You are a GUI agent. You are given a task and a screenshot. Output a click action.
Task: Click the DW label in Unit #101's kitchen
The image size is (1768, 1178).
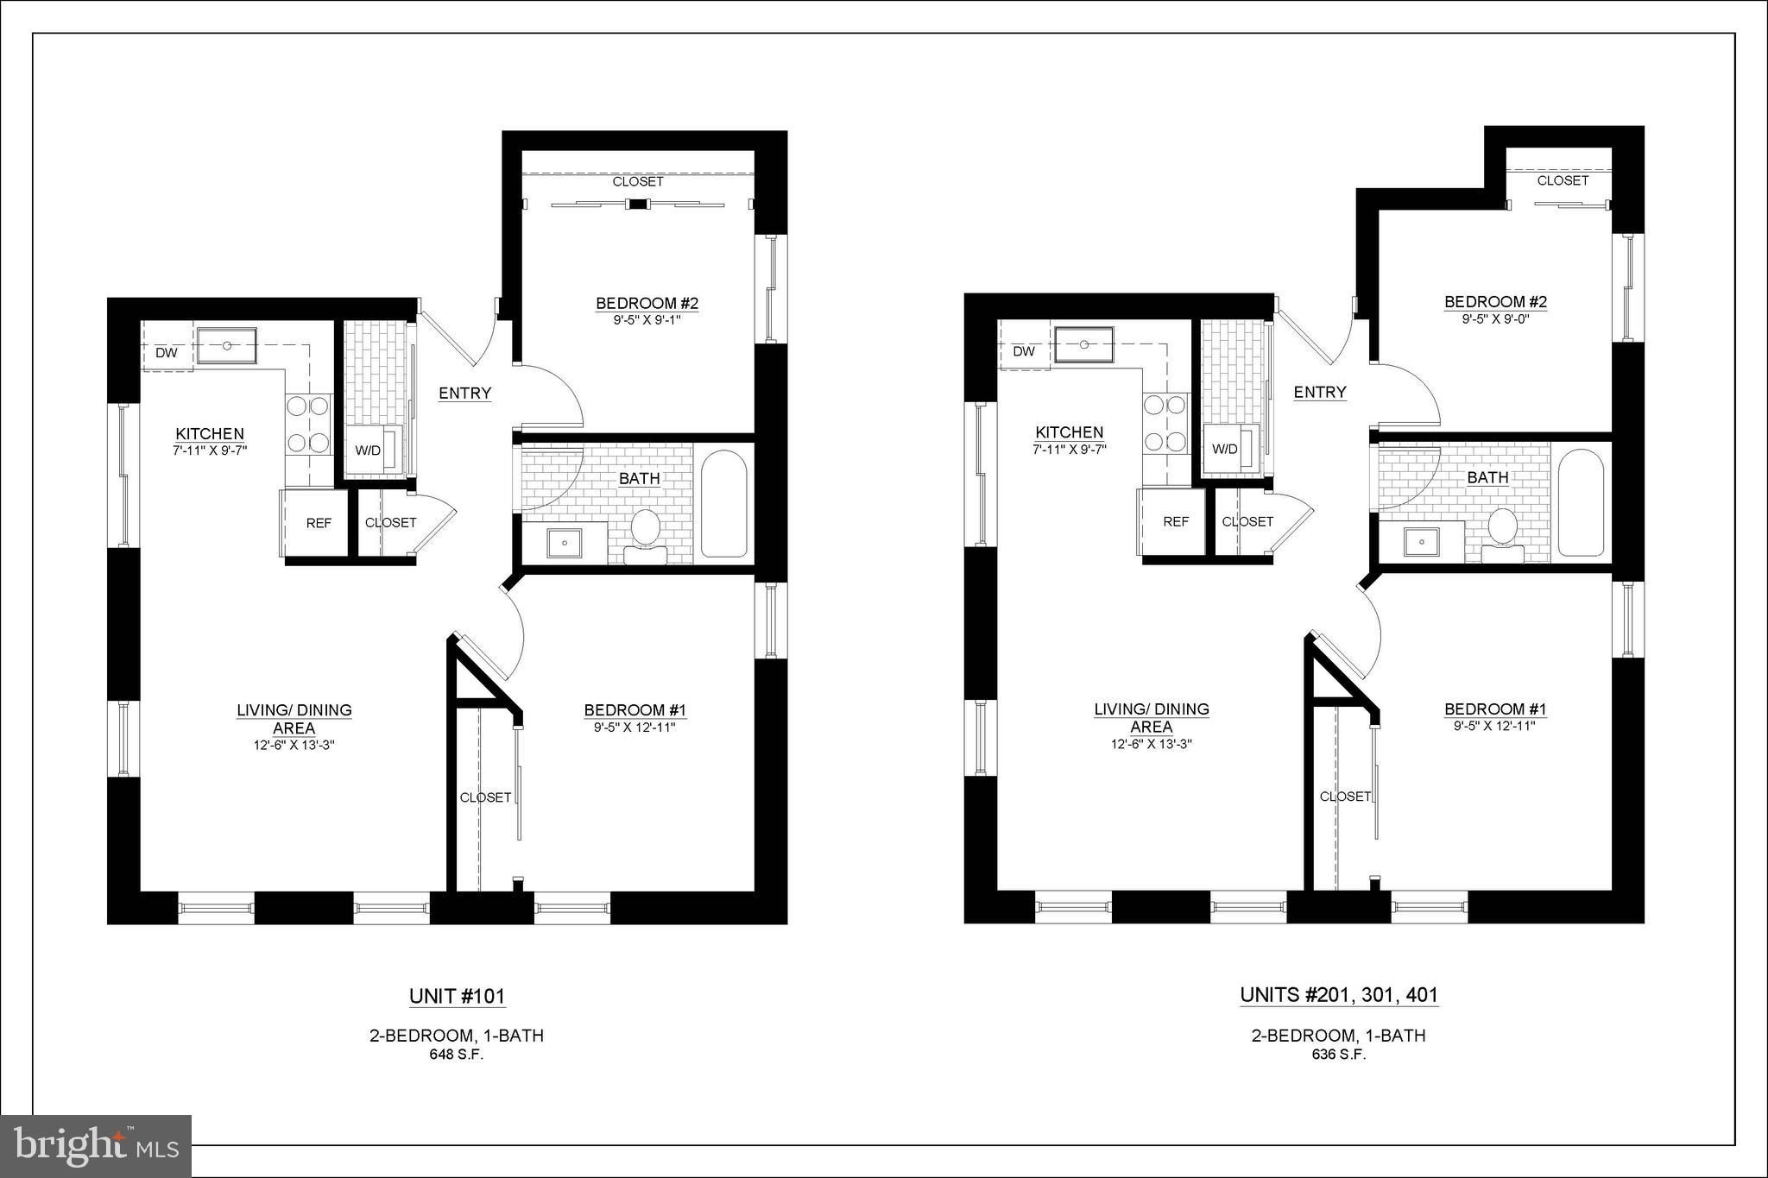166,353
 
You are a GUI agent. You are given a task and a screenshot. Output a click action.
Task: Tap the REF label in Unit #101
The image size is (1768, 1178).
319,523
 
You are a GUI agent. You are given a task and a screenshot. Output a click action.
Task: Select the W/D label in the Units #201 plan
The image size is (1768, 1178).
1224,449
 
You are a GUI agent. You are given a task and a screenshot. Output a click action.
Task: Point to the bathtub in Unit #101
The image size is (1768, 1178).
723,504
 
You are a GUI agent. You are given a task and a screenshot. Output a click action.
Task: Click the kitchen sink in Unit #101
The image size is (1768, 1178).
226,345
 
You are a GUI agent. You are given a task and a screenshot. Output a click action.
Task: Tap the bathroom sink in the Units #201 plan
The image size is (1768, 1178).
1420,542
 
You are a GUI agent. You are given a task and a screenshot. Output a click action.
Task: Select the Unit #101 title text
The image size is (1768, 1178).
457,996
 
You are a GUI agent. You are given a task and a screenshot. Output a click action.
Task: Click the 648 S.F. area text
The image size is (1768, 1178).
457,1055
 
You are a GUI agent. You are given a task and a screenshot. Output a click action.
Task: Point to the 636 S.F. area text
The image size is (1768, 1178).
1339,1055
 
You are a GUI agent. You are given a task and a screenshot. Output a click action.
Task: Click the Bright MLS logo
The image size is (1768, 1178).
96,1145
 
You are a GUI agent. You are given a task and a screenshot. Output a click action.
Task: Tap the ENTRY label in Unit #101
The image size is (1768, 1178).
464,394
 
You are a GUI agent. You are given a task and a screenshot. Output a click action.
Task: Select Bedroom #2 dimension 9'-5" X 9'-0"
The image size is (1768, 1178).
1496,318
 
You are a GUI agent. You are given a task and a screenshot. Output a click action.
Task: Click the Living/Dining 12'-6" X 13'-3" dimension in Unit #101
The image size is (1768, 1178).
294,745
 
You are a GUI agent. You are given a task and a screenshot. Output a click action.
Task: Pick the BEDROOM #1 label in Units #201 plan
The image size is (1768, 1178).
1495,709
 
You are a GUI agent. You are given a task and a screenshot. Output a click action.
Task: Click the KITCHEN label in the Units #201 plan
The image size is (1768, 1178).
1070,432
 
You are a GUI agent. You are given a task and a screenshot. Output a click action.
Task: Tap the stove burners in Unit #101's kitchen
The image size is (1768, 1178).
309,425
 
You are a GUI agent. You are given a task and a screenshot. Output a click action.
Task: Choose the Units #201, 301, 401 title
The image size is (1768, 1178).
1339,995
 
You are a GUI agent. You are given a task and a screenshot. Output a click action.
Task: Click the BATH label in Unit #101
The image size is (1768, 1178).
640,478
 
